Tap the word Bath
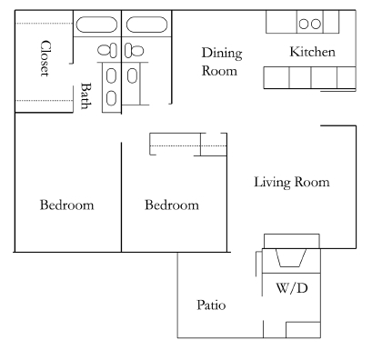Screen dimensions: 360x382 (x=86, y=95)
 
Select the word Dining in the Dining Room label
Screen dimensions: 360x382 (x=220, y=53)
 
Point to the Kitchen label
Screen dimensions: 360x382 (x=312, y=53)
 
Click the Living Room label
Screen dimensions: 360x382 (x=290, y=183)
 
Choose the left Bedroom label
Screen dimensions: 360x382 (x=66, y=205)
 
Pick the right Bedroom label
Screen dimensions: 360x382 (x=172, y=205)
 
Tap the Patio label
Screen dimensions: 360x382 (x=211, y=305)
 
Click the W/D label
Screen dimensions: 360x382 (x=290, y=288)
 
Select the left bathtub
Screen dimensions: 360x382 (x=97, y=25)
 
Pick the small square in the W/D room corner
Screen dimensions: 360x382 (x=301, y=330)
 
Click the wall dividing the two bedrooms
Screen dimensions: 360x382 (x=122, y=195)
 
